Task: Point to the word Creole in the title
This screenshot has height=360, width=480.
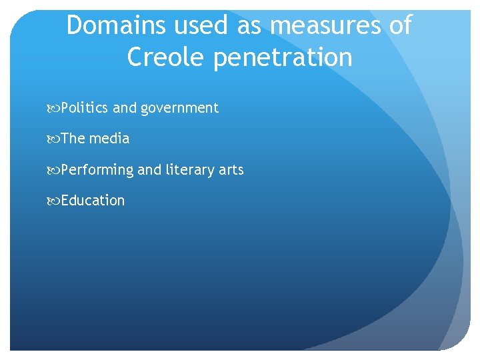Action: pos(167,57)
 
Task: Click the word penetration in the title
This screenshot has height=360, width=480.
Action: pos(283,57)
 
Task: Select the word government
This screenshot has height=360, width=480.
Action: pos(179,108)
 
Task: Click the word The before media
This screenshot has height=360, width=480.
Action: pos(73,139)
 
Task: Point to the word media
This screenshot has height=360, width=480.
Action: pos(109,139)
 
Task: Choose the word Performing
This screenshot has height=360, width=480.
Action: pos(97,170)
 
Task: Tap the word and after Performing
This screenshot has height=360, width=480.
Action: pos(149,169)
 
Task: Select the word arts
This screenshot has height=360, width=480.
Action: pos(231,170)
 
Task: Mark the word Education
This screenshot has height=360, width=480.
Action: pos(93,200)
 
